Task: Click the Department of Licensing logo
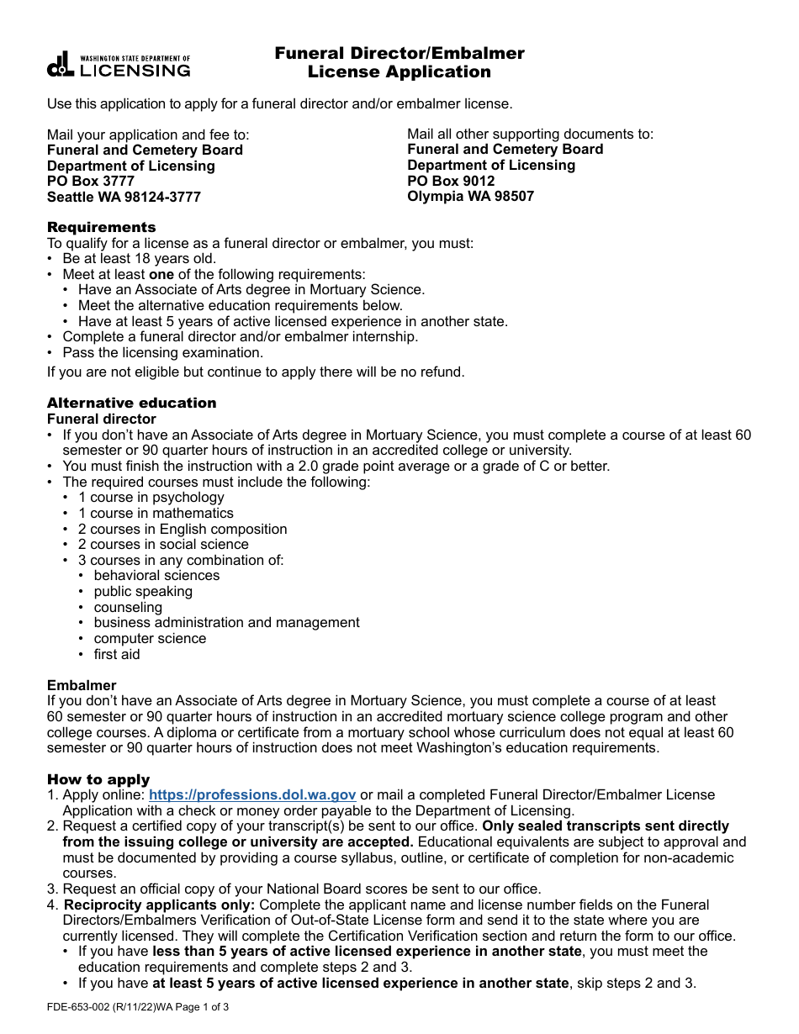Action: pos(119,66)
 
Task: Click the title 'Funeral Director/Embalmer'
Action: pos(399,54)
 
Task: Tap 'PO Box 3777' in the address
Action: pos(91,182)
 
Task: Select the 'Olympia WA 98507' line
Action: pos(470,197)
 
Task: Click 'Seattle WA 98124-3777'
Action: pos(124,198)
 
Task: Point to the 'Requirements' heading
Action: pos(101,227)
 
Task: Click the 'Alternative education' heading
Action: pos(131,403)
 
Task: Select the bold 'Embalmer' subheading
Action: pos(82,685)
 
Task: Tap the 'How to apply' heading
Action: pos(98,779)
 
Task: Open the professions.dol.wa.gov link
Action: pos(252,794)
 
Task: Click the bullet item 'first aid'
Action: pos(117,654)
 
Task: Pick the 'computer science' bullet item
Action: pos(150,638)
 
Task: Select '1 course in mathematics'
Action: pos(156,513)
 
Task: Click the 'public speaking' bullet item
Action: pos(143,591)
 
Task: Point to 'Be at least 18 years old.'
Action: pos(139,259)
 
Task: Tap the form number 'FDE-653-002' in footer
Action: pos(82,1007)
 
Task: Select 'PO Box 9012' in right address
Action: pos(451,181)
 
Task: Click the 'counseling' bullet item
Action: pos(128,607)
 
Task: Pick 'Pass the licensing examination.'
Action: pos(162,352)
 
